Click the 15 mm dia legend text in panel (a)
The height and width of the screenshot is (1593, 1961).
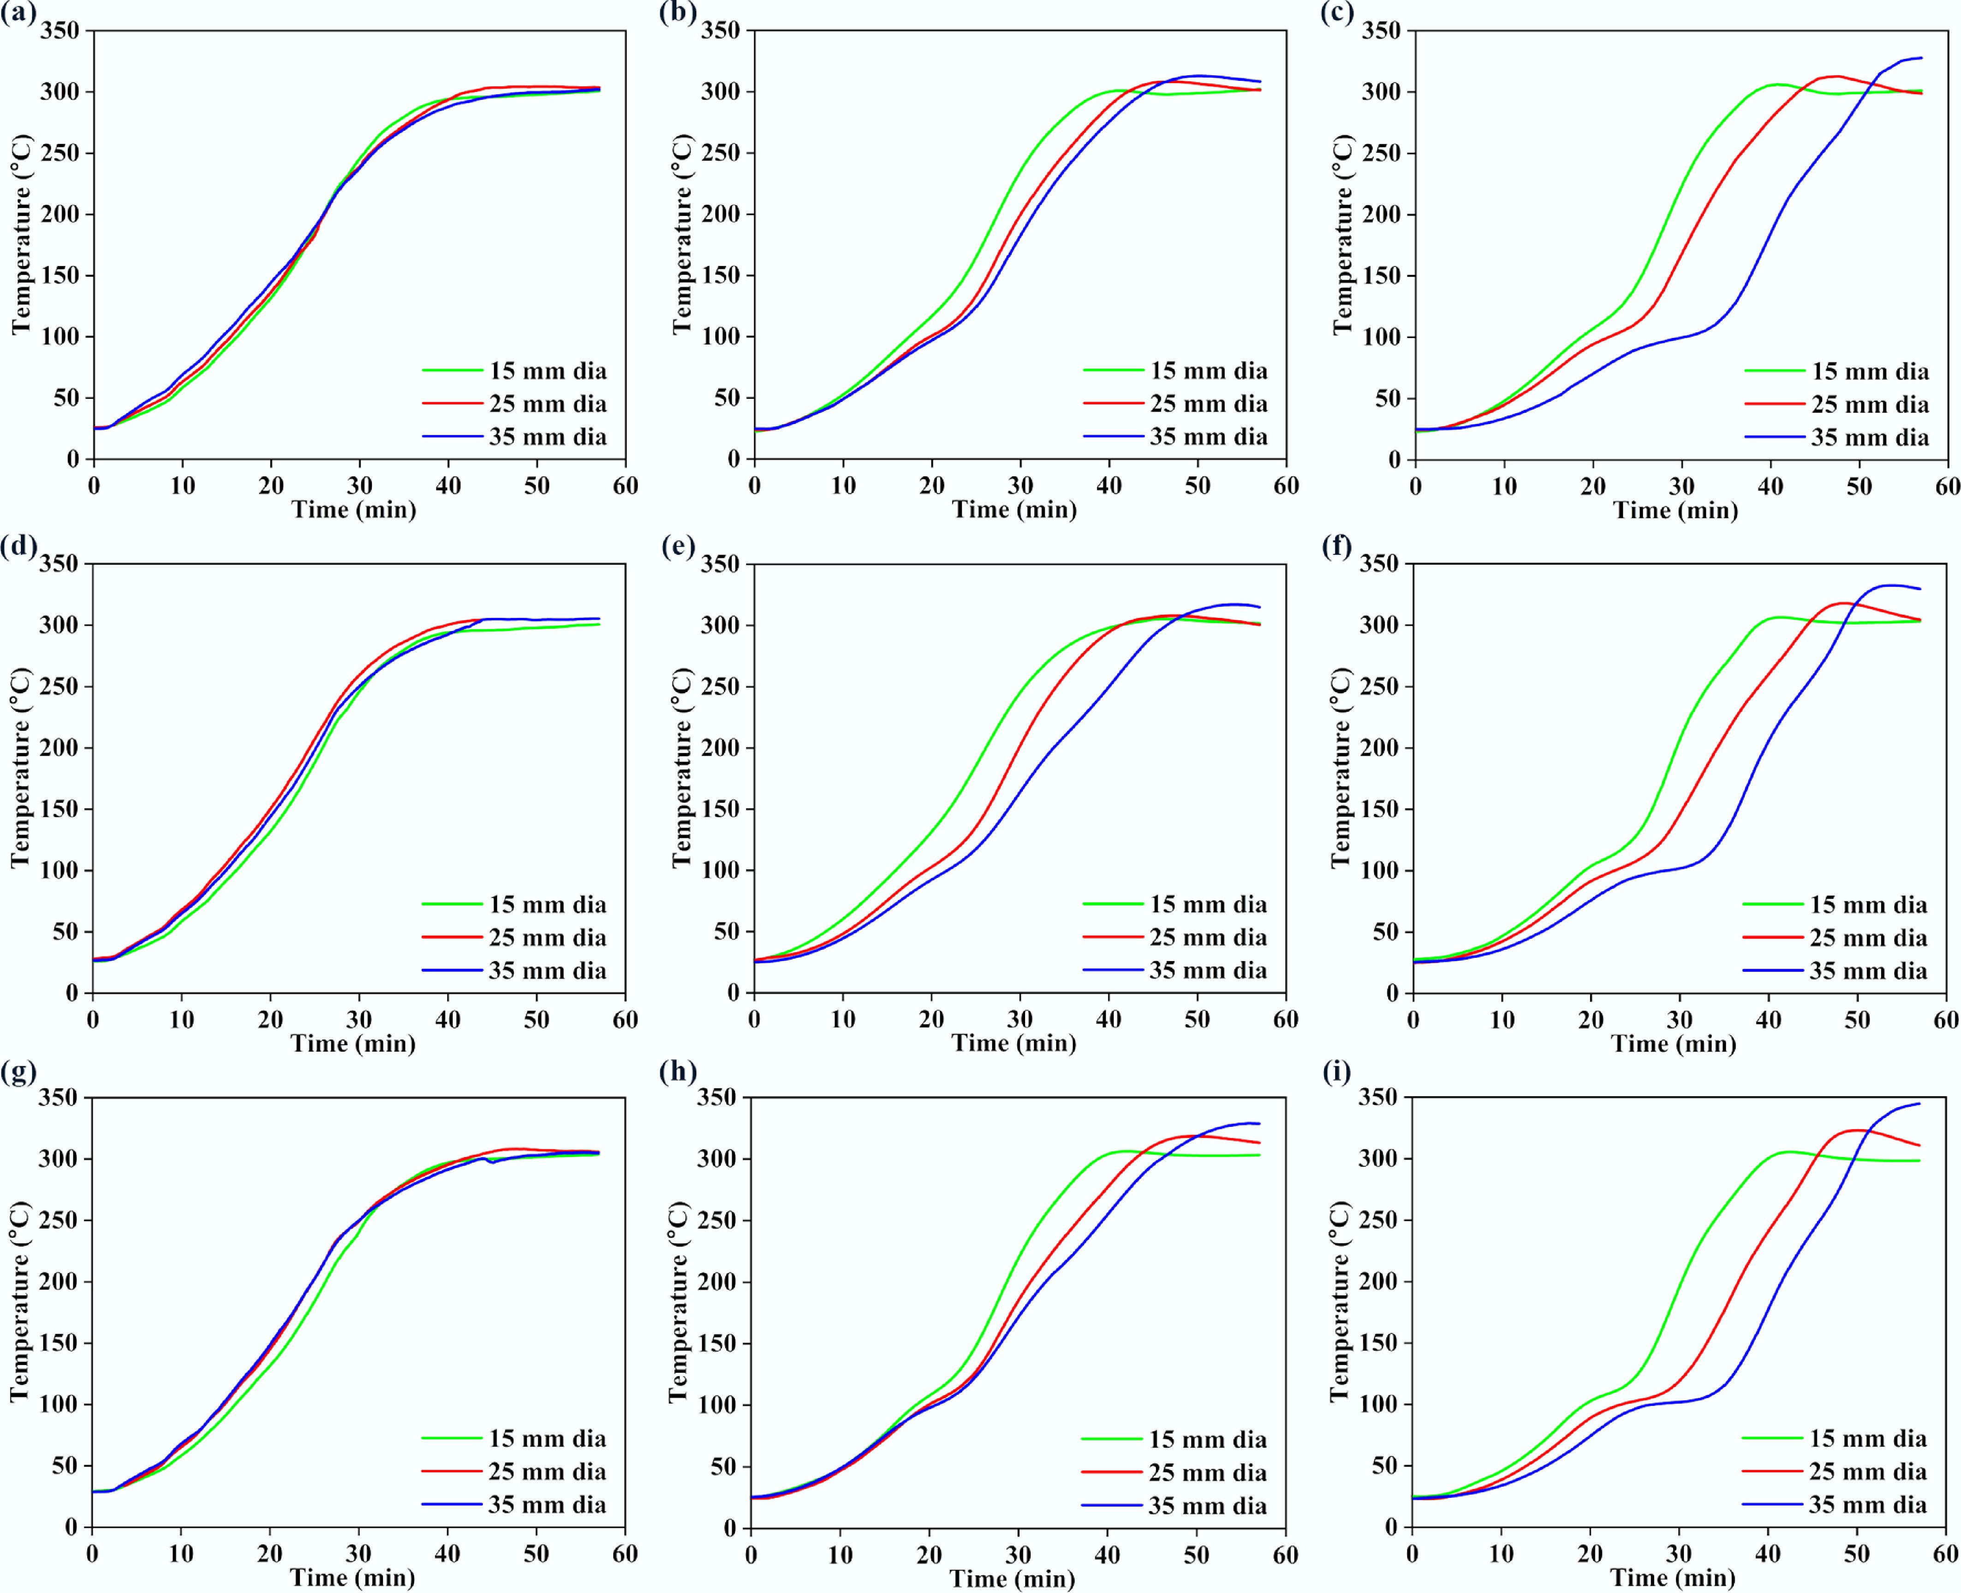pyautogui.click(x=548, y=371)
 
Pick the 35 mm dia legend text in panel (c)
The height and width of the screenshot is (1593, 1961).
pyautogui.click(x=1870, y=438)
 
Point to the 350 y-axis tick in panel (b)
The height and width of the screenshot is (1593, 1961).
pyautogui.click(x=721, y=31)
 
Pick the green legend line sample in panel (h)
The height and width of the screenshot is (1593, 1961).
pyautogui.click(x=1111, y=1439)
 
